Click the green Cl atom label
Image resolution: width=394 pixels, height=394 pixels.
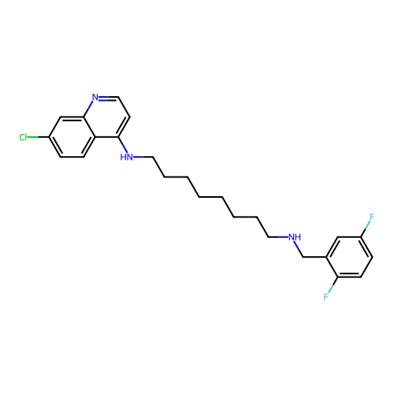click(23, 137)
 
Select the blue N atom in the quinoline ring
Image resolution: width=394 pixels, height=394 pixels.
click(95, 97)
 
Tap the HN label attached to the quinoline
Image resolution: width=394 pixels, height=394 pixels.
click(126, 157)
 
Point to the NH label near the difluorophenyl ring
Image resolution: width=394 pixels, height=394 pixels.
click(295, 237)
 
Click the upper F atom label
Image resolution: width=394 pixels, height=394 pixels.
click(372, 217)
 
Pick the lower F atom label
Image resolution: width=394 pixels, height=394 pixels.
click(326, 297)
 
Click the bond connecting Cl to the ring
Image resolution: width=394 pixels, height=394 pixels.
click(38, 137)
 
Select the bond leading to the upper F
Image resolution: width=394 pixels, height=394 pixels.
click(366, 229)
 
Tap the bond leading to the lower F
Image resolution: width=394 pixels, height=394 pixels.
click(333, 286)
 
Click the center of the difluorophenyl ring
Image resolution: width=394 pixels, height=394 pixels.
click(349, 257)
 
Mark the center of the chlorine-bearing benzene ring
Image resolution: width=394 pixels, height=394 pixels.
click(72, 137)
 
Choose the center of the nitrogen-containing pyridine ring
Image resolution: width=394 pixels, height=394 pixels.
click(106, 117)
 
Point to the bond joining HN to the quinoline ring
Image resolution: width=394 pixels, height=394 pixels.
click(122, 144)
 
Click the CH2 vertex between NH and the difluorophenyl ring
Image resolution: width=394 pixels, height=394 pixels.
click(303, 257)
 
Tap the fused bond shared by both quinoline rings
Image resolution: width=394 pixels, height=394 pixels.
click(89, 127)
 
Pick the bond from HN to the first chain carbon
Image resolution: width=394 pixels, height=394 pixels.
click(143, 157)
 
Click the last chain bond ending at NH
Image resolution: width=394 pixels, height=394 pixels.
click(278, 237)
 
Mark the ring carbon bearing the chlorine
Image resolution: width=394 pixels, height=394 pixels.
click(49, 137)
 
